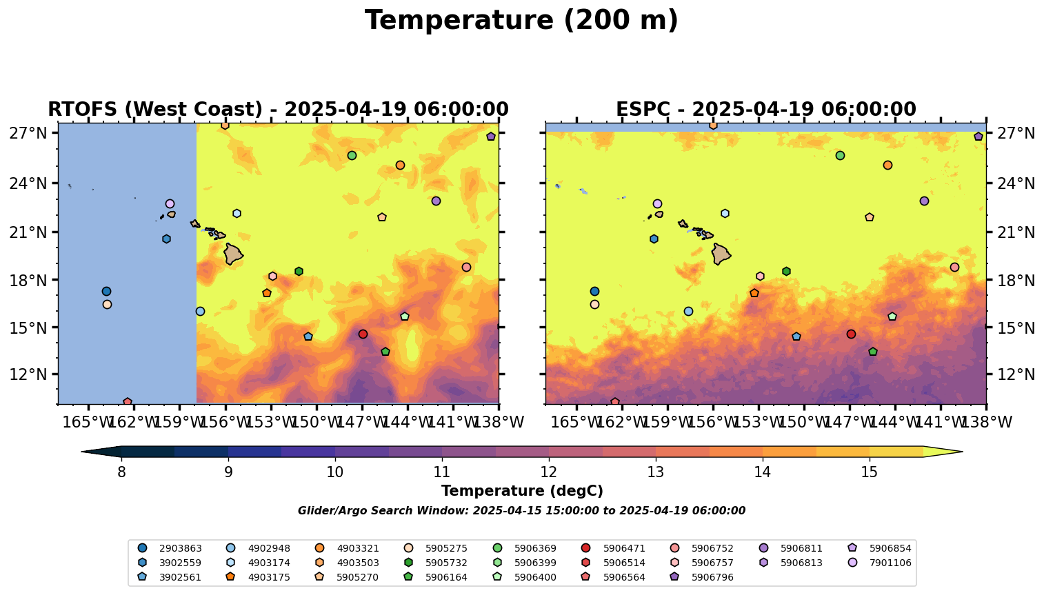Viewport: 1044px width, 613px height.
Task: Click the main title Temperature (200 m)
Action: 521,21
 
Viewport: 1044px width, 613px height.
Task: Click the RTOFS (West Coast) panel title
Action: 278,110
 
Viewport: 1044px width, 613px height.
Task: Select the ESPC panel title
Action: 765,110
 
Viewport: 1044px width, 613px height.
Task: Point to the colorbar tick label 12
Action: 549,472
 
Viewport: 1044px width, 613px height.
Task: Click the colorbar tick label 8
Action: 121,472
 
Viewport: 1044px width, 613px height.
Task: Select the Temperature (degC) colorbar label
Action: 522,491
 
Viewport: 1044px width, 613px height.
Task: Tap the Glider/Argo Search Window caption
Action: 521,511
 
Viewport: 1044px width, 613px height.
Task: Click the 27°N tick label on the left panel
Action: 28,133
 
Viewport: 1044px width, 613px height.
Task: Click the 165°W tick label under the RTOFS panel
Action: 88,422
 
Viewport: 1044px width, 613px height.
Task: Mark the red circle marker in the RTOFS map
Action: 363,334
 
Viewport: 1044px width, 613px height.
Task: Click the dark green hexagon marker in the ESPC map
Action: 786,272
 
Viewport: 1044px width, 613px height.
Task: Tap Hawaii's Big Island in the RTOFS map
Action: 233,254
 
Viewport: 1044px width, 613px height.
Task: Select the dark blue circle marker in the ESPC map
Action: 594,291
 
